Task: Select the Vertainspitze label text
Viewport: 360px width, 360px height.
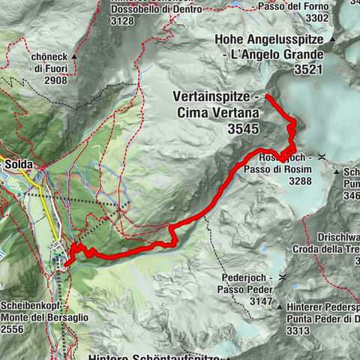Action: pyautogui.click(x=213, y=98)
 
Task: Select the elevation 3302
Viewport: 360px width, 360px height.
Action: pyautogui.click(x=311, y=19)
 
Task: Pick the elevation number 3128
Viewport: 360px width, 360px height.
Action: pyautogui.click(x=122, y=21)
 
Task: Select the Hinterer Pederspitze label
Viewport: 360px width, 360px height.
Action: pyautogui.click(x=323, y=307)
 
